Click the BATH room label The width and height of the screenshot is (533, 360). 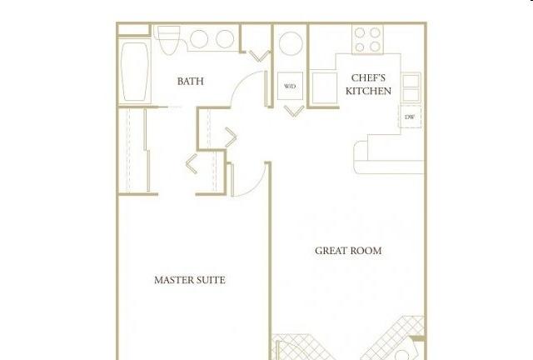(x=191, y=82)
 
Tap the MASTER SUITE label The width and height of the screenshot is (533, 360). (x=190, y=280)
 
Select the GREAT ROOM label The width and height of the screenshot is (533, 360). (x=348, y=251)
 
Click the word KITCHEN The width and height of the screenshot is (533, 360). (x=368, y=91)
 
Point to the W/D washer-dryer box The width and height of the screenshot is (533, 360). (x=290, y=86)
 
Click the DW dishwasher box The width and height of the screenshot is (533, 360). (x=410, y=117)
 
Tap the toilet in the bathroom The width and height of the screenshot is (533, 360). (x=169, y=40)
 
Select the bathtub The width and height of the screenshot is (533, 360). (x=135, y=72)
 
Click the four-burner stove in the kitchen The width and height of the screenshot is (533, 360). (x=367, y=39)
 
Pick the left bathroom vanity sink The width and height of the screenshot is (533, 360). (x=199, y=39)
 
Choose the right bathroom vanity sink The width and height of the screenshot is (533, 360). (x=225, y=39)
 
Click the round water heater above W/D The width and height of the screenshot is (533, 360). (x=291, y=43)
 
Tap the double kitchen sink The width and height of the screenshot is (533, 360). (x=411, y=87)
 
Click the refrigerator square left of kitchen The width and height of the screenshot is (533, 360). (x=325, y=87)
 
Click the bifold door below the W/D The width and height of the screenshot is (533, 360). (x=294, y=111)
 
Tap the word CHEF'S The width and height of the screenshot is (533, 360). (x=368, y=78)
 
